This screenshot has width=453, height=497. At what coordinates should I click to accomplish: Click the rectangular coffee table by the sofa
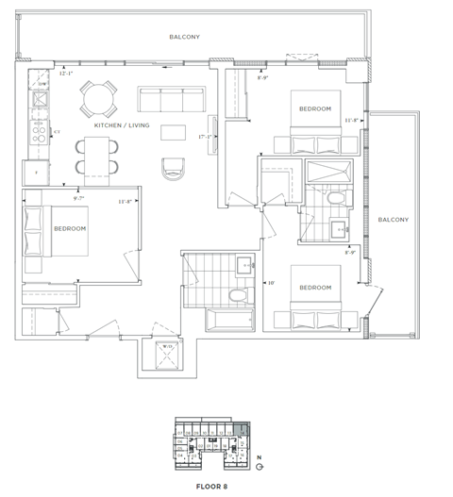pos(173,131)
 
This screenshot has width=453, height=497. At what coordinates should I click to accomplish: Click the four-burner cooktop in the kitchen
pos(41,133)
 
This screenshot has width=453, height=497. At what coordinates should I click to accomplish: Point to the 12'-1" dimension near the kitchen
pos(66,74)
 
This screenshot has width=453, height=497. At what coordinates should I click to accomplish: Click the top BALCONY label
pos(184,37)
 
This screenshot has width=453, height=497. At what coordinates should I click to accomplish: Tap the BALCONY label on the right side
pos(392,220)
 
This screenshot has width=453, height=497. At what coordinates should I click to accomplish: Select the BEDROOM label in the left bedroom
pos(70,229)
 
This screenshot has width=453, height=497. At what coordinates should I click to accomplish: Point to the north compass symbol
pos(260,465)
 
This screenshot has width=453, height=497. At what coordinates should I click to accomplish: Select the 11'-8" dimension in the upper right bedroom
pos(353,121)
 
